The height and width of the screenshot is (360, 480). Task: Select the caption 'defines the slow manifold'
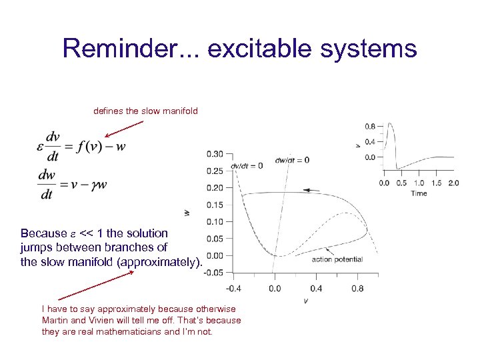(145, 111)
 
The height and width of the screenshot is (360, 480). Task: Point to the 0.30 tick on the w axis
(215, 153)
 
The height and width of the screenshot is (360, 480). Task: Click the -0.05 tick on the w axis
(213, 273)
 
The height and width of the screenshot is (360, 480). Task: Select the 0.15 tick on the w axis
(215, 205)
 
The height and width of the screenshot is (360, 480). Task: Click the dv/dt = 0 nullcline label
(247, 165)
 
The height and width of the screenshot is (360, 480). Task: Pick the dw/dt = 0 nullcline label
(292, 160)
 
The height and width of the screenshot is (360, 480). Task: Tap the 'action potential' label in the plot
(337, 259)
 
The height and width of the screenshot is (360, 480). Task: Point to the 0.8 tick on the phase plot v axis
(357, 288)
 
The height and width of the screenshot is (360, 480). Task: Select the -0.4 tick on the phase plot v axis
(233, 288)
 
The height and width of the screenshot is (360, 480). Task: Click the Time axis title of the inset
(419, 193)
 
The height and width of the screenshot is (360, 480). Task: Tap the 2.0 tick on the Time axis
(453, 183)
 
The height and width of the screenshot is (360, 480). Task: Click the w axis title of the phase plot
(187, 213)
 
